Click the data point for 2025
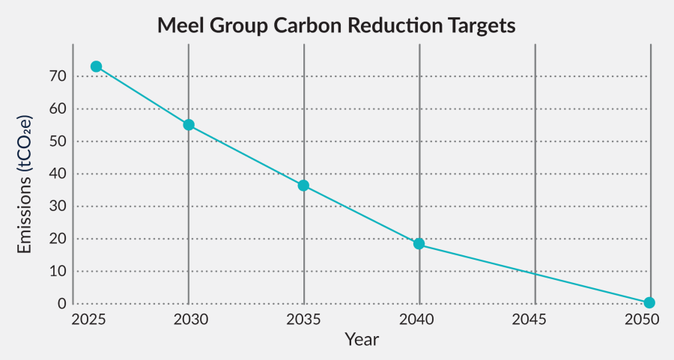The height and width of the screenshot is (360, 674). [97, 67]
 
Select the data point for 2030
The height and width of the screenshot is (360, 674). [189, 125]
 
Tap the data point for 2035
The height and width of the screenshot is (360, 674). [303, 186]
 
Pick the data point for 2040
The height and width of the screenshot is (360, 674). [419, 244]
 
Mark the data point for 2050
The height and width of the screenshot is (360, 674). [649, 303]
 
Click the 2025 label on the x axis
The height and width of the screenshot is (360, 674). [88, 320]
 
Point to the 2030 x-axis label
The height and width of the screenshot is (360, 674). [190, 320]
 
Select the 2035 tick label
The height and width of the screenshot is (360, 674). [303, 320]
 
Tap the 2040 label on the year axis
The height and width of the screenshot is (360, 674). [416, 320]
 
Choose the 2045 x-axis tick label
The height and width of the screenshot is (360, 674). [529, 320]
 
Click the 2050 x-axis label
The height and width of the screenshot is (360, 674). [642, 320]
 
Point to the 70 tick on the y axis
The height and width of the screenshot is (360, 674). [58, 76]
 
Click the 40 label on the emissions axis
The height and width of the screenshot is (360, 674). [58, 174]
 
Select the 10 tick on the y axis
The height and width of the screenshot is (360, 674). [58, 272]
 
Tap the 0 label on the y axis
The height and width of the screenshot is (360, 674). [62, 304]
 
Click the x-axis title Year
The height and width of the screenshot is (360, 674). [362, 339]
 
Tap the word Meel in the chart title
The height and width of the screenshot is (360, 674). [180, 25]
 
